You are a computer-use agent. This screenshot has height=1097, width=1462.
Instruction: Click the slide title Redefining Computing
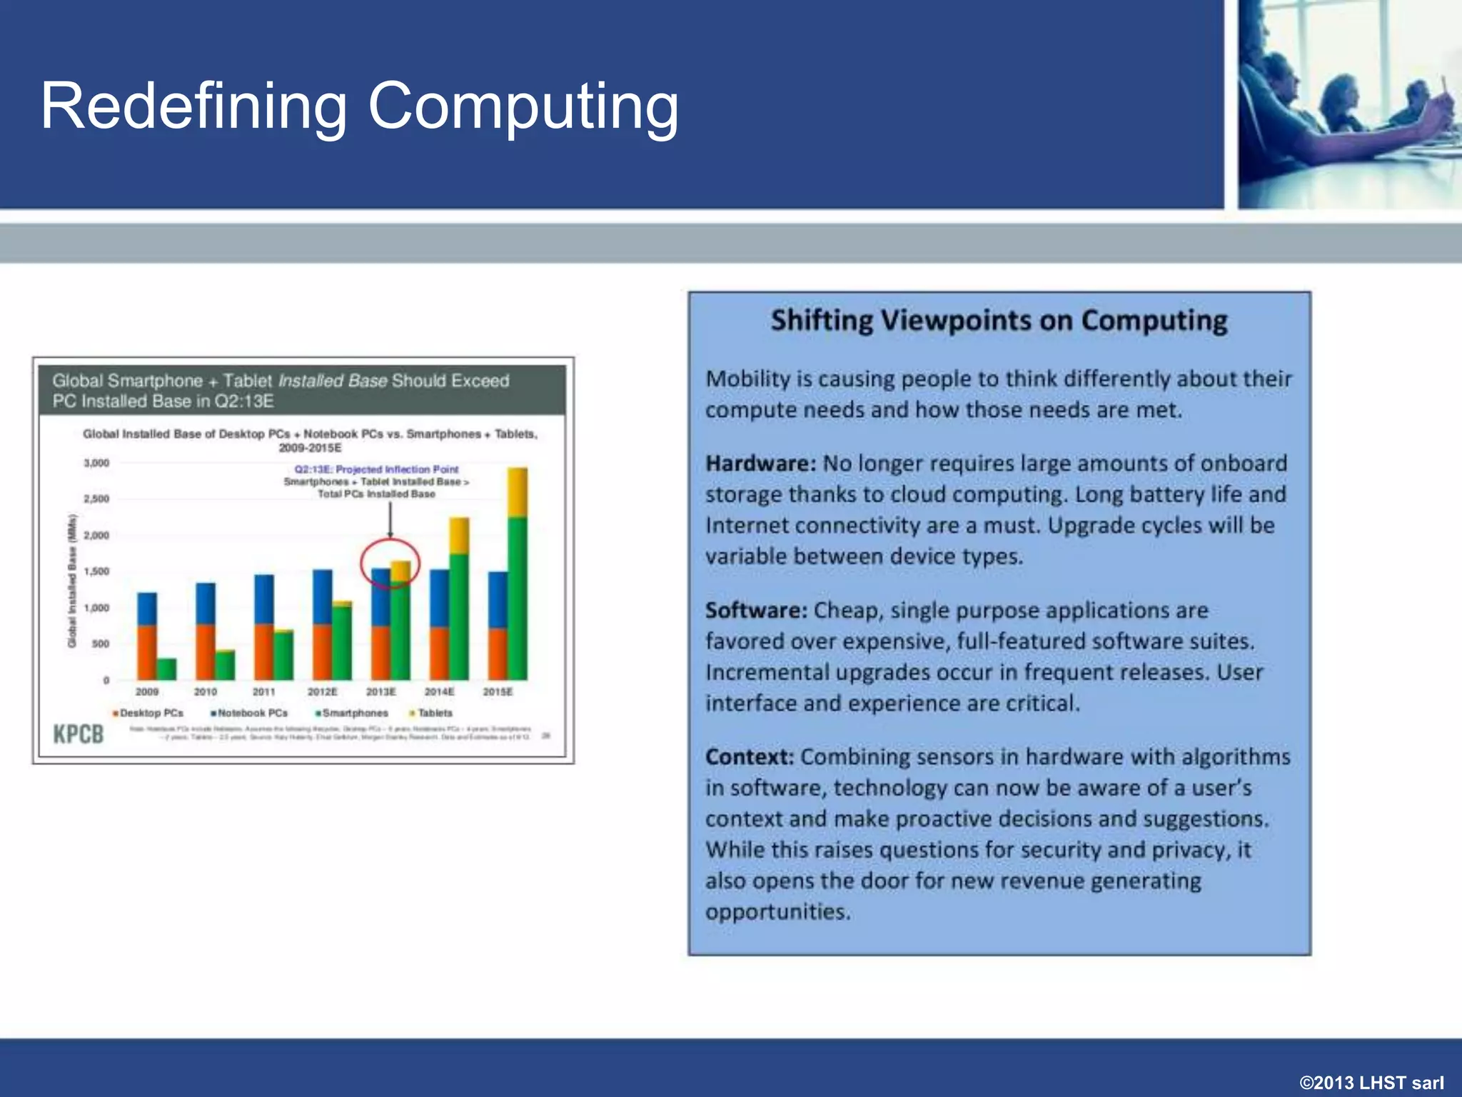(x=359, y=107)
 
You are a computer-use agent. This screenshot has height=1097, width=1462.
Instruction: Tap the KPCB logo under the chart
(x=79, y=733)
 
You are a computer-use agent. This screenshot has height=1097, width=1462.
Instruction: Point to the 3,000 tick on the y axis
(x=97, y=463)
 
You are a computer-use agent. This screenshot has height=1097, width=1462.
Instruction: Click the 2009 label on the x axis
(x=147, y=691)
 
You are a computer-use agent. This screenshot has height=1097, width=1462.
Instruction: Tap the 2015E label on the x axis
(x=498, y=691)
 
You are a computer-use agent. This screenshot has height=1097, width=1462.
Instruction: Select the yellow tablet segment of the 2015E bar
(x=518, y=493)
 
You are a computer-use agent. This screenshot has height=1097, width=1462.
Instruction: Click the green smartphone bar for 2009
(x=166, y=669)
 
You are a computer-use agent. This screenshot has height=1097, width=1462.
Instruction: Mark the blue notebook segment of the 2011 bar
(x=264, y=599)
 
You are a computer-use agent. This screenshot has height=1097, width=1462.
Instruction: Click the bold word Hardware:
(x=760, y=464)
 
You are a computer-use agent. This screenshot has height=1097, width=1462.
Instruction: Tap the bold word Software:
(x=756, y=611)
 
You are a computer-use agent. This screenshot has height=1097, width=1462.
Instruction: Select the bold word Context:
(x=750, y=757)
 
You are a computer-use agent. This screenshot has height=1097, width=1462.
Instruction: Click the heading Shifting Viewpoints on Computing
(x=999, y=321)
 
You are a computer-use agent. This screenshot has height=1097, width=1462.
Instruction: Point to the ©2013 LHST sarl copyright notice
(x=1371, y=1083)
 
